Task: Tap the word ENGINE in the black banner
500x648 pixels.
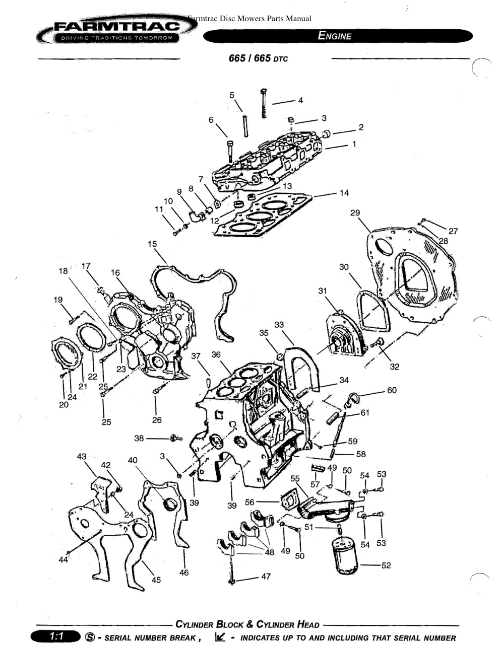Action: [334, 36]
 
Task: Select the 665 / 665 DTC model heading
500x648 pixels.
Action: [258, 58]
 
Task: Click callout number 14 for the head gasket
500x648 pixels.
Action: [344, 193]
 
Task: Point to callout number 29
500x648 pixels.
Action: [355, 213]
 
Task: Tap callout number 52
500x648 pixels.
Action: [386, 565]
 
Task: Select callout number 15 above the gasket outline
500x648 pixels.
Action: [152, 244]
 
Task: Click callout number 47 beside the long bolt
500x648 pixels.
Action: [266, 577]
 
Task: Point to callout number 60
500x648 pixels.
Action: [392, 390]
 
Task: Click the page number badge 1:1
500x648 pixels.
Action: [56, 636]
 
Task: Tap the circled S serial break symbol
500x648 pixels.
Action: [90, 637]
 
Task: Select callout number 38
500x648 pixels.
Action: [139, 439]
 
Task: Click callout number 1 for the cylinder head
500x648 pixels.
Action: [354, 144]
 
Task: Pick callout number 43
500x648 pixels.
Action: [82, 457]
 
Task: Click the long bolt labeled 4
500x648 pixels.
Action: [264, 103]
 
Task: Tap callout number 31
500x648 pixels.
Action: [323, 291]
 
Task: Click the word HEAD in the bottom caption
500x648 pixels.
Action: [308, 624]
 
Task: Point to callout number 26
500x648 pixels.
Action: [157, 420]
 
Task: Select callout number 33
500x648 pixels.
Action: [279, 324]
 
